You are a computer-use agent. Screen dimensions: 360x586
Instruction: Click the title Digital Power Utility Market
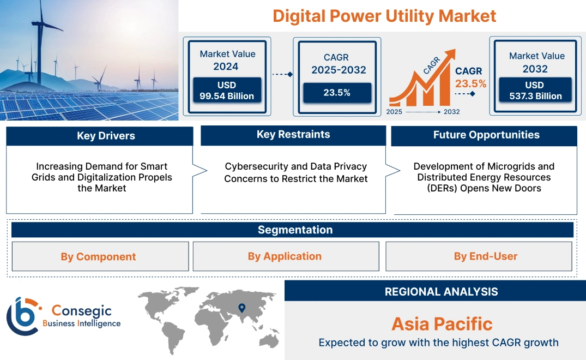pyautogui.click(x=384, y=16)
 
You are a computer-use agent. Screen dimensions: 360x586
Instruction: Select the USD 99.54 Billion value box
pyautogui.click(x=227, y=91)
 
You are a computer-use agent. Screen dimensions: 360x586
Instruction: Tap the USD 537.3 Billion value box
pyautogui.click(x=536, y=91)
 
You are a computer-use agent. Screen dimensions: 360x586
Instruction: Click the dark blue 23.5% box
pyautogui.click(x=337, y=93)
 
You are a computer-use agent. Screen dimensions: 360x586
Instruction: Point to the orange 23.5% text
pyautogui.click(x=470, y=84)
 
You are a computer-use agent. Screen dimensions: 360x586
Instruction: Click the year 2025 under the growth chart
pyautogui.click(x=395, y=112)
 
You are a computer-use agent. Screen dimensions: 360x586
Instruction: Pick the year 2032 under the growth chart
pyautogui.click(x=451, y=112)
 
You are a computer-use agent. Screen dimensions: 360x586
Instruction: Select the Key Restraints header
pyautogui.click(x=293, y=135)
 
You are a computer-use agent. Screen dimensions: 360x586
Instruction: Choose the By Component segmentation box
pyautogui.click(x=99, y=256)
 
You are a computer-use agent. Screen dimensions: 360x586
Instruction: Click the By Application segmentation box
pyautogui.click(x=285, y=256)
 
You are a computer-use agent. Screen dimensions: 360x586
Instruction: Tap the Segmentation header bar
pyautogui.click(x=295, y=230)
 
